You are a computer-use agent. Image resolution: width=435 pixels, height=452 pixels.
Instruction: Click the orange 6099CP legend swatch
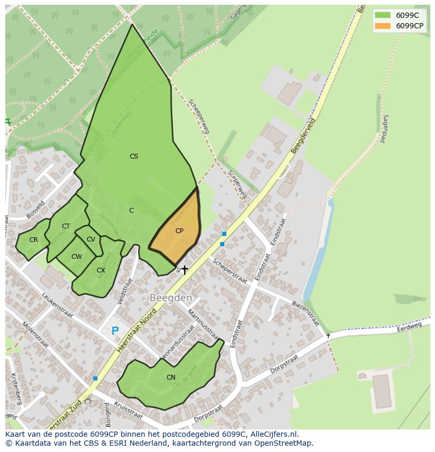[x=382, y=26]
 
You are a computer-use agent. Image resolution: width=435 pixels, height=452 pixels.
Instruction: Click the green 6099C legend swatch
[x=382, y=15]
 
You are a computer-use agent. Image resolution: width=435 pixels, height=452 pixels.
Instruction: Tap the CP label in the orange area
[x=179, y=231]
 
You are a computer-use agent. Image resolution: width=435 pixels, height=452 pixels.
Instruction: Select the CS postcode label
[x=134, y=156]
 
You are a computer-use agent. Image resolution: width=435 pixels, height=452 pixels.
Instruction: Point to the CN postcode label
[x=171, y=377]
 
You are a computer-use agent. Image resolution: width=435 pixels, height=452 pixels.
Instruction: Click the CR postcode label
[x=34, y=240]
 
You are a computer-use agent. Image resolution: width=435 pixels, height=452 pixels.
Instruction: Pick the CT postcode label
[x=66, y=226]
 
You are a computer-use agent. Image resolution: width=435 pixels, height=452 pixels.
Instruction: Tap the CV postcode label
[x=91, y=239]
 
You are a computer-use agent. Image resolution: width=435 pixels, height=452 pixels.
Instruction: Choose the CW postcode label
[x=77, y=257]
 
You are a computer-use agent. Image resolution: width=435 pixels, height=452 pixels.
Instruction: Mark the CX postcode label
[x=101, y=270]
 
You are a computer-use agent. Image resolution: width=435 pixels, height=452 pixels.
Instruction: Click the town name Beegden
[x=171, y=298]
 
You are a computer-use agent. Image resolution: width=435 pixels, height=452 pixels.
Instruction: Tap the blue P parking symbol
[x=115, y=331]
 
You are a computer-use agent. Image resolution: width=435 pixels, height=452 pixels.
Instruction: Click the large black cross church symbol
[x=184, y=270]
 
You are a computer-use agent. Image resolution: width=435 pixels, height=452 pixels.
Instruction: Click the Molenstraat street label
[x=35, y=334]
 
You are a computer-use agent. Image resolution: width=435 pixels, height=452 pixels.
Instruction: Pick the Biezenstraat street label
[x=305, y=312]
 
